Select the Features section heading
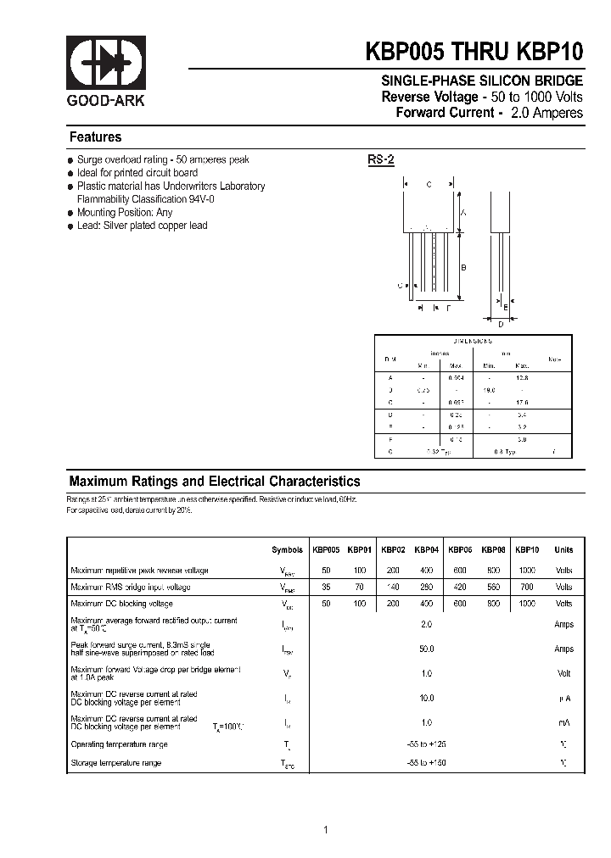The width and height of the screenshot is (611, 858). tap(95, 137)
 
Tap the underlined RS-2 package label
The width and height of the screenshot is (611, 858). tap(381, 159)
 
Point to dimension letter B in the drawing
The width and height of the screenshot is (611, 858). tap(463, 268)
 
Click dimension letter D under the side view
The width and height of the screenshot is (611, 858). tap(501, 323)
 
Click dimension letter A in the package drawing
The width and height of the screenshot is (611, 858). tap(463, 214)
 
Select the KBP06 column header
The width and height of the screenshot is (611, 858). tap(460, 549)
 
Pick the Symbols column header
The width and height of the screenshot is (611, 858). tap(287, 549)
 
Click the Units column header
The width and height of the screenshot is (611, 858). tap(563, 549)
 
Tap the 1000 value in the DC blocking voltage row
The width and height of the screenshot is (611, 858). tap(526, 604)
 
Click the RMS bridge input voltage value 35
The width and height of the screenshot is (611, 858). tap(327, 587)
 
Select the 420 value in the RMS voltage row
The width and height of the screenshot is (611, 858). tap(460, 587)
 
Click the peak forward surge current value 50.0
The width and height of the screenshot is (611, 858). tap(426, 649)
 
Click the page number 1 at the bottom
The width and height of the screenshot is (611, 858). tap(325, 830)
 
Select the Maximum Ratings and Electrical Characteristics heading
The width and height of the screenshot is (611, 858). tap(215, 481)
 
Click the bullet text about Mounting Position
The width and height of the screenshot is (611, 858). tap(125, 213)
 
